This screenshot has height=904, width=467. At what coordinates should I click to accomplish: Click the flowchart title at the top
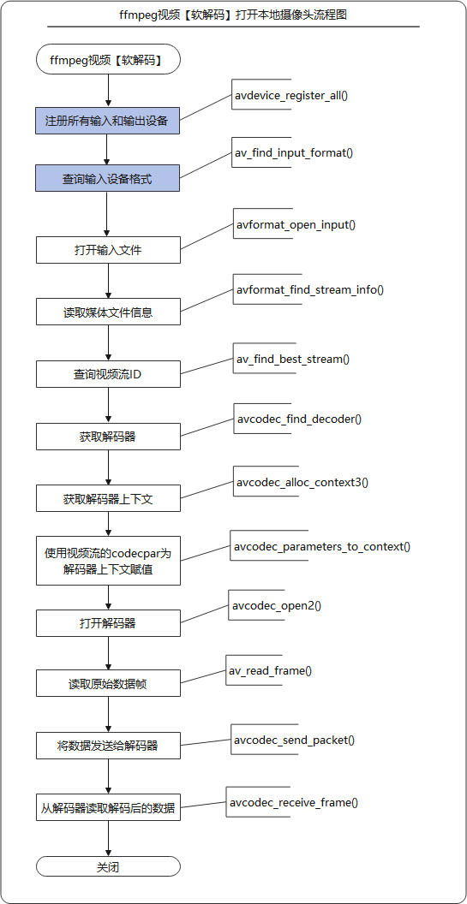click(233, 15)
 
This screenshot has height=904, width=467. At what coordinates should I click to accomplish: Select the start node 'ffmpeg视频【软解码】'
click(109, 60)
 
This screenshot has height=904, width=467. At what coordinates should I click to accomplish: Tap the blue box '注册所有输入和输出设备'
click(109, 121)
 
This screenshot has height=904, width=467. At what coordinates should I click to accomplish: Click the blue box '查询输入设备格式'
click(109, 179)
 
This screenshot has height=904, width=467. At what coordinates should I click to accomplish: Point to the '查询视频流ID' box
click(109, 375)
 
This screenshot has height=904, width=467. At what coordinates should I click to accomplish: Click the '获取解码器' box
click(109, 437)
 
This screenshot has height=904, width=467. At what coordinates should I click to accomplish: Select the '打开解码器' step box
click(109, 623)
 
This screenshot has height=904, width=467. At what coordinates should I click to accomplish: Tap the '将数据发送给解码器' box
click(109, 746)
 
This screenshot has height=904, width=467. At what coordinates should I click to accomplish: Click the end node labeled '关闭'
click(109, 866)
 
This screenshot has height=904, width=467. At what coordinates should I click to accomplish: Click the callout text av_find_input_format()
click(294, 153)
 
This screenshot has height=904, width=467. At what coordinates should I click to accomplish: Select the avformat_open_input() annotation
click(296, 224)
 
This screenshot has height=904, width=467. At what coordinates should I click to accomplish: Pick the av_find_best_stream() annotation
click(293, 360)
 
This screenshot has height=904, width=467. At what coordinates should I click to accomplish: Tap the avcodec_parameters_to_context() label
click(322, 546)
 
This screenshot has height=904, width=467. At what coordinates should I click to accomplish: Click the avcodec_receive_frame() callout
click(294, 802)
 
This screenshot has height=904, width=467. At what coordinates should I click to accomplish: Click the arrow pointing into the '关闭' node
click(109, 838)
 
